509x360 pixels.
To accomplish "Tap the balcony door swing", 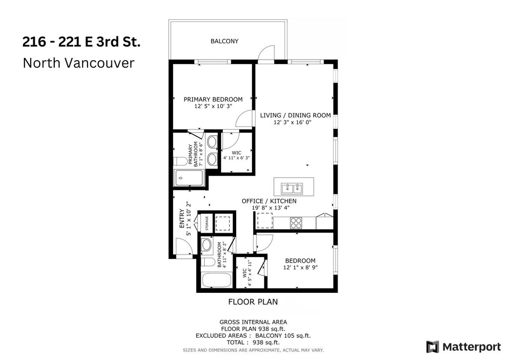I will click(267, 53).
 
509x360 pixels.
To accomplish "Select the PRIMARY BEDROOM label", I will click(213, 99).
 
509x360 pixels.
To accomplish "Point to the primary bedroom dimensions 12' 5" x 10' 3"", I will click(213, 106).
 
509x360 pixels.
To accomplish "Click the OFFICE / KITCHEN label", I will click(269, 201).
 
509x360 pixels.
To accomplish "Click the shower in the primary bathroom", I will click(189, 178).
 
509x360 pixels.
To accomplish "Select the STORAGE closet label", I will click(206, 223).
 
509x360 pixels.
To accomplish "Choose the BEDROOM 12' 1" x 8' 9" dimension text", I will click(300, 268).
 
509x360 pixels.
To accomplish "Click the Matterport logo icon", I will click(432, 346).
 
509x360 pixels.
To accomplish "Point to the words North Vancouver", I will click(79, 63).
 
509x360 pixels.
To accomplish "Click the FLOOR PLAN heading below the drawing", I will click(253, 301).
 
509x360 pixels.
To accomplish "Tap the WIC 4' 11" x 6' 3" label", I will click(236, 155).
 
